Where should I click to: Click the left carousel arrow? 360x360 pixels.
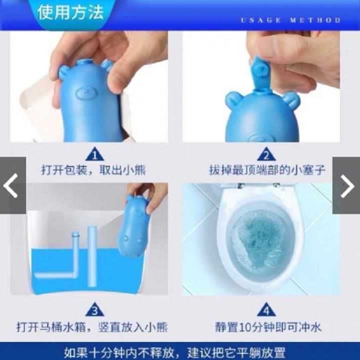tap(11, 186)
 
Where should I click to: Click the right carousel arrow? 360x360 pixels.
tap(347, 186)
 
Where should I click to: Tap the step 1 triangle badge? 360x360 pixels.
tap(95, 154)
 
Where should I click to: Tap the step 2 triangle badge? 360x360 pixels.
tap(266, 154)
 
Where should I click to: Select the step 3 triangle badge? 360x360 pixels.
tap(95, 309)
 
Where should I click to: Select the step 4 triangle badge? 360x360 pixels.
tap(266, 309)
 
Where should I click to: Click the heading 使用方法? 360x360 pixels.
tap(71, 12)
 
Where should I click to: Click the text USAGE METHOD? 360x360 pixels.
tap(290, 21)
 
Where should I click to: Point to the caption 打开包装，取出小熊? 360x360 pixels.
tap(94, 170)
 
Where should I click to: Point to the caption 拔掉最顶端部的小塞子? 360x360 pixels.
tap(267, 170)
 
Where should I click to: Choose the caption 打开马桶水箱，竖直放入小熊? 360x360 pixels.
tap(92, 327)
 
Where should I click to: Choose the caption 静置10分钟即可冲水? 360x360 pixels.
tap(268, 327)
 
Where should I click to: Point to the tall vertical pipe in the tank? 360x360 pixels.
tap(92, 256)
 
